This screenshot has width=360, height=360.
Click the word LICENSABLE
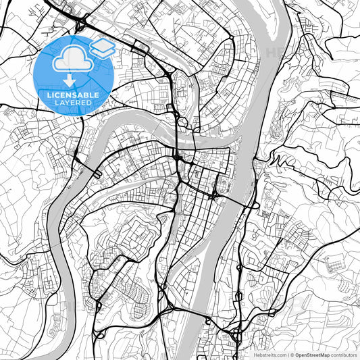pyautogui.click(x=73, y=95)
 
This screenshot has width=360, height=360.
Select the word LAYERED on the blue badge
pyautogui.click(x=73, y=103)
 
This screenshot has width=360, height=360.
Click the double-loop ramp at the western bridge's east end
pyautogui.click(x=97, y=174)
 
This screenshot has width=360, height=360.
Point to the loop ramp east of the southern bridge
pyautogui.click(x=236, y=333)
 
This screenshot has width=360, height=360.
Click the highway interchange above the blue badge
pyautogui.click(x=79, y=25)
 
